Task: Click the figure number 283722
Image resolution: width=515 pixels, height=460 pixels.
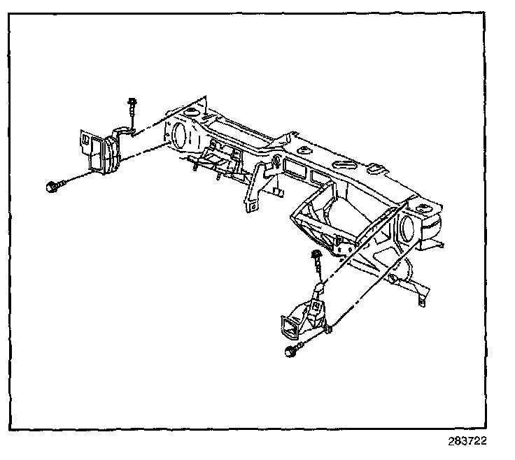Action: coord(467,442)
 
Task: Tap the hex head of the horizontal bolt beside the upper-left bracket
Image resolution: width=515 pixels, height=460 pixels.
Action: coord(51,186)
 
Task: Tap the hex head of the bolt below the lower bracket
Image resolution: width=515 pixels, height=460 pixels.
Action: coord(289,354)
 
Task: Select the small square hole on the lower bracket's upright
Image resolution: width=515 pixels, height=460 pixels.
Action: coord(317,306)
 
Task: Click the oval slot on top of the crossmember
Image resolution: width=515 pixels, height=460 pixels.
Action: coord(344,163)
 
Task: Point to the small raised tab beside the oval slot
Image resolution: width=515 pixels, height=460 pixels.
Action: coord(375,168)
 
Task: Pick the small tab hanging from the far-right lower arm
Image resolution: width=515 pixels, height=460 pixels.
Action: coord(421,299)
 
